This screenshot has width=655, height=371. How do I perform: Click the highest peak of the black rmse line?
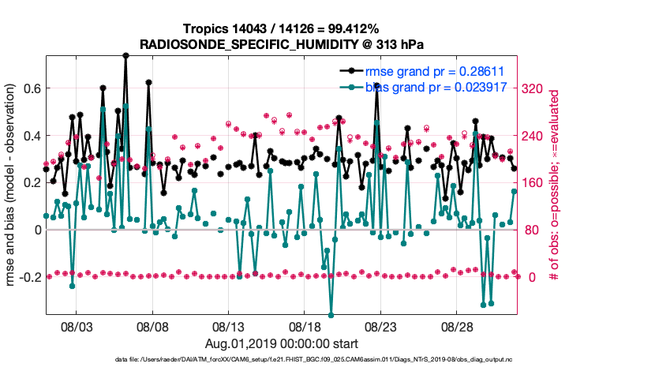point(125,55)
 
